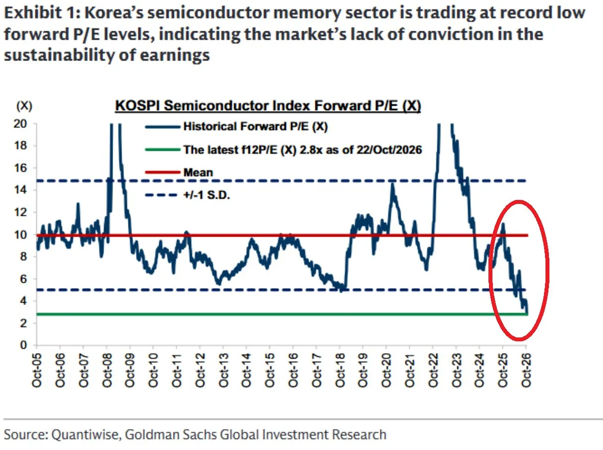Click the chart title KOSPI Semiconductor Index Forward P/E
click(x=268, y=106)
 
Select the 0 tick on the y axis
click(x=24, y=345)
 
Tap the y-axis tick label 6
click(x=24, y=278)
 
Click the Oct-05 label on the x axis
click(x=37, y=370)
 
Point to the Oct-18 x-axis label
click(x=340, y=370)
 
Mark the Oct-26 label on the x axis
click(x=526, y=370)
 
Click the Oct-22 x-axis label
click(x=433, y=370)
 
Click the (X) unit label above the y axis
click(x=24, y=106)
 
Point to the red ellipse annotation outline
click(x=489, y=270)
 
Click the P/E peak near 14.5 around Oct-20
click(x=392, y=184)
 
